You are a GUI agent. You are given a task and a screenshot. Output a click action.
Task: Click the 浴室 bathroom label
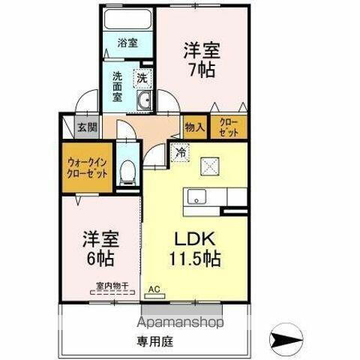[127, 43]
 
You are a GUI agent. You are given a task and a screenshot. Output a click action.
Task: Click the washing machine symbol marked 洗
[141, 76]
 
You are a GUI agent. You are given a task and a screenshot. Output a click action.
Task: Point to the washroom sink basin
[145, 103]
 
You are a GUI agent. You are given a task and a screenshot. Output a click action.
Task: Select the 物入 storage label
[194, 127]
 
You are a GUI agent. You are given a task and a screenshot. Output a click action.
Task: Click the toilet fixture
[127, 172]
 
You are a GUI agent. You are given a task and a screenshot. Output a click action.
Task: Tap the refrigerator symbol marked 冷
[181, 150]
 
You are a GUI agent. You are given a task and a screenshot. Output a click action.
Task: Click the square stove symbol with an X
[211, 166]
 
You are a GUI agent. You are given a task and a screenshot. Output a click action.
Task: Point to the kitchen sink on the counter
[198, 197]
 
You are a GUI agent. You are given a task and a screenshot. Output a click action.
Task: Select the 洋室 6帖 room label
[100, 250]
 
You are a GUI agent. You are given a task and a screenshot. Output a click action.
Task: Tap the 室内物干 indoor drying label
[113, 286]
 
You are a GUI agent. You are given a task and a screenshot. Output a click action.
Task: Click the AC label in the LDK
[155, 289]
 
